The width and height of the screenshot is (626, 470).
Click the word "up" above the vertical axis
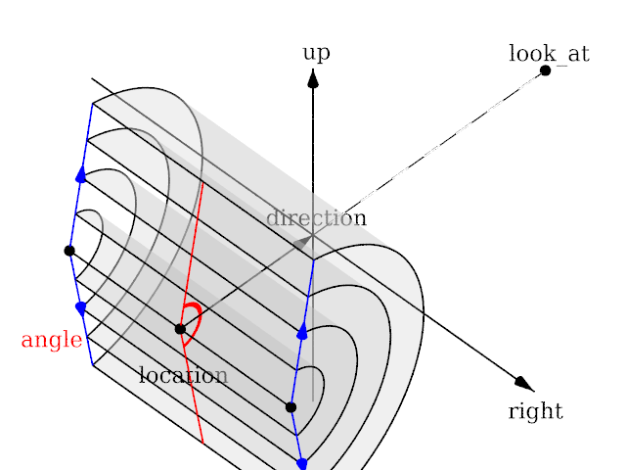[x=316, y=53]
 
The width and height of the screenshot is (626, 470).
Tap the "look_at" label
[x=549, y=53]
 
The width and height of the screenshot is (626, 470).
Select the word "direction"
[x=316, y=218]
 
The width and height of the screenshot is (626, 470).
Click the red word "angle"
[x=51, y=341]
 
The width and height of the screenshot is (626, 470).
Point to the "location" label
[x=183, y=375]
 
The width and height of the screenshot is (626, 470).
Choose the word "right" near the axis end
[x=535, y=411]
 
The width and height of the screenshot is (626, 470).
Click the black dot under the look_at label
[x=545, y=70]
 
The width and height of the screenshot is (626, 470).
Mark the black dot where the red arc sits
[x=180, y=329]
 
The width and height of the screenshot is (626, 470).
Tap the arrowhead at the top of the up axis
[x=313, y=77]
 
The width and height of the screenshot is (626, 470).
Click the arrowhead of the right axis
[x=524, y=384]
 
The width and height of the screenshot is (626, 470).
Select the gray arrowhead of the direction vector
[x=304, y=240]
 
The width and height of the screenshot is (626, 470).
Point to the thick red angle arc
[x=195, y=318]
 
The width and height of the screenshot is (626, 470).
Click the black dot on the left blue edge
[x=69, y=251]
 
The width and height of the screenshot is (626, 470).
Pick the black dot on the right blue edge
[x=291, y=406]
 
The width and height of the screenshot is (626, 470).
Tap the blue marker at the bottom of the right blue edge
[x=301, y=462]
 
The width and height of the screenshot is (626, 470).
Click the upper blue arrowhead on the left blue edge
[x=80, y=174]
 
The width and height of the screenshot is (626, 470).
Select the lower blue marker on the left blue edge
[x=80, y=307]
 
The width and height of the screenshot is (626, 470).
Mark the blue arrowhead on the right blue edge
[x=301, y=331]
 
